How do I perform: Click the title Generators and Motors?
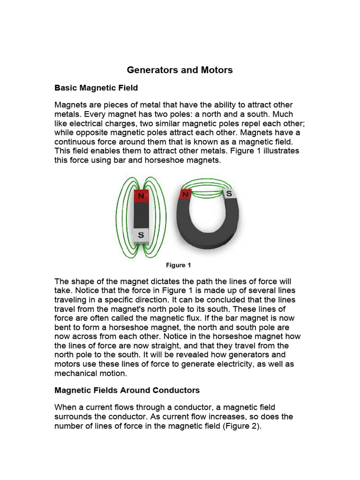coord(180,70)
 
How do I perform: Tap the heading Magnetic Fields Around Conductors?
coord(127,390)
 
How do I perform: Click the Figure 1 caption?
coord(179,265)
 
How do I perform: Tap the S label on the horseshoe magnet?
coord(229,193)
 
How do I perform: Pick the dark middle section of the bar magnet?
coord(141,217)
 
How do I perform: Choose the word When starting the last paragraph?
coord(66,407)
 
